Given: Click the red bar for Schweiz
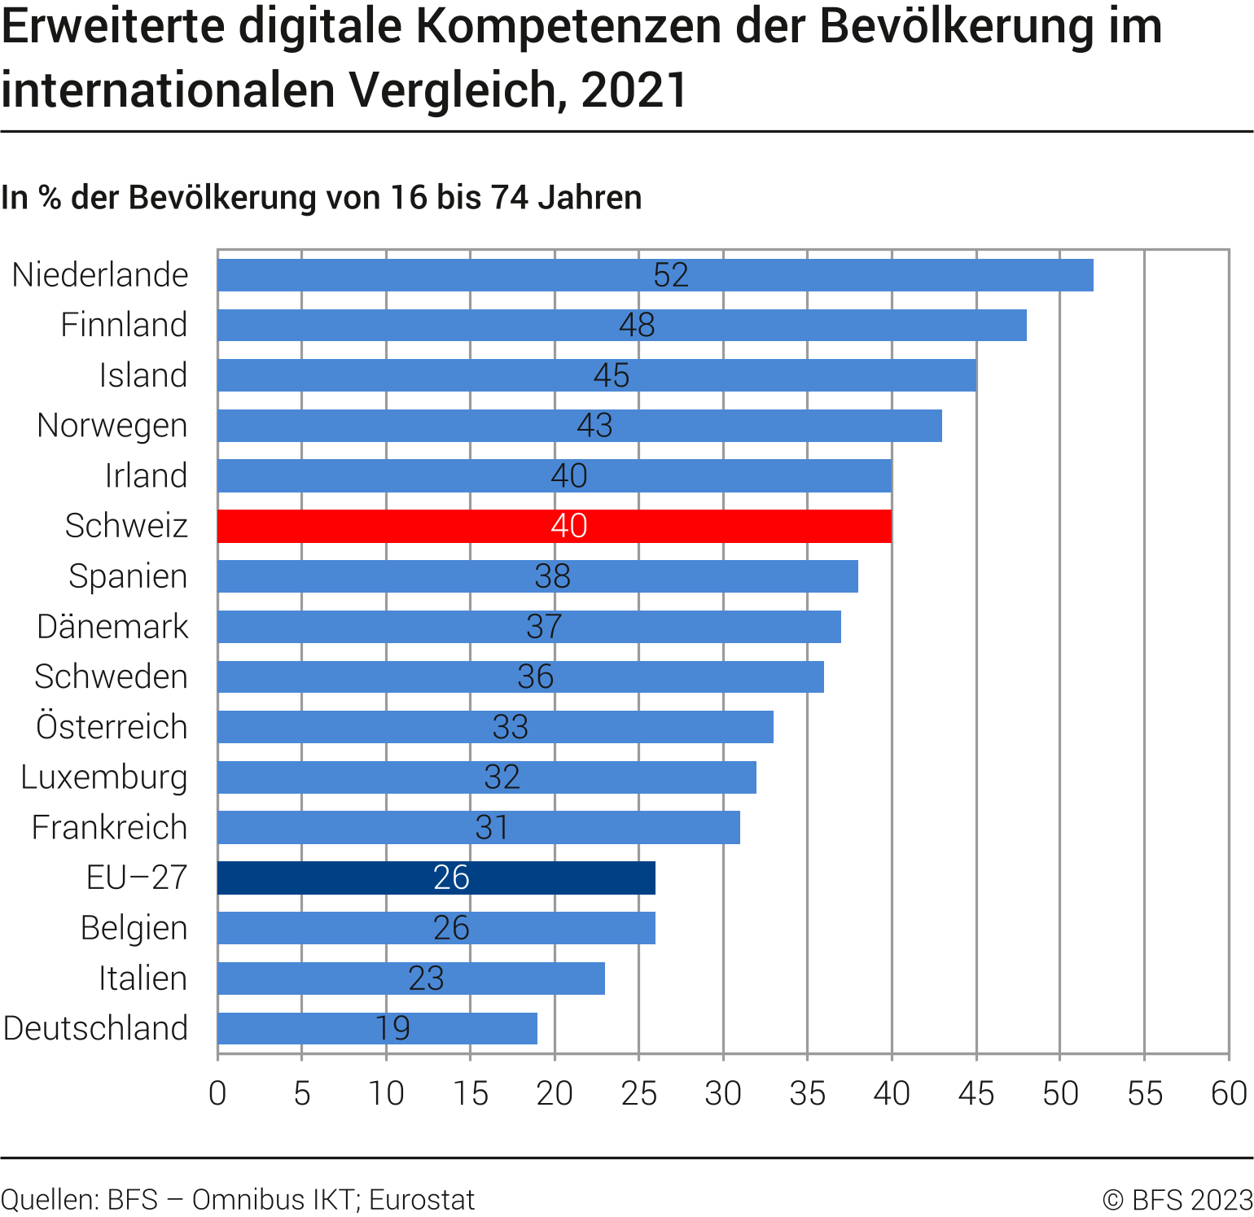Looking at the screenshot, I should click(554, 526).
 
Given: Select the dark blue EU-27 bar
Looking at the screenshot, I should click(436, 878).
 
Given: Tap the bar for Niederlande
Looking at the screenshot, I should click(655, 275).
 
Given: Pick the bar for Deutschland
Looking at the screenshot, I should click(377, 1028).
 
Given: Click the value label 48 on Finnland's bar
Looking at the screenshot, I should click(637, 326).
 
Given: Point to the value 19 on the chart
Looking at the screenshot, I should click(392, 1028).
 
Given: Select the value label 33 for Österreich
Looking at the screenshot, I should click(511, 727).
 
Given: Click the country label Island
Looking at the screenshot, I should click(143, 375).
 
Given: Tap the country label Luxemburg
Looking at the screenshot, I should click(104, 777).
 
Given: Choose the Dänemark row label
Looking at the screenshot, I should click(112, 627).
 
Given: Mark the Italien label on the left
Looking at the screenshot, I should click(142, 978).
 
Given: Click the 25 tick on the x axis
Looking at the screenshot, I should click(639, 1093).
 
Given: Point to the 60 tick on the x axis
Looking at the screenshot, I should click(1229, 1093).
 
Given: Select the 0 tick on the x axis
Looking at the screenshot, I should click(217, 1093).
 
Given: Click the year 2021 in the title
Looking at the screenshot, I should click(634, 90).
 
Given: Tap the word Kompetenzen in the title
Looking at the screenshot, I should click(570, 26).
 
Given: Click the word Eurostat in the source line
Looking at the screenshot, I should click(422, 1200).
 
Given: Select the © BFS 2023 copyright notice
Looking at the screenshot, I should click(1177, 1200).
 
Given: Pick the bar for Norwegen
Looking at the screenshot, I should click(580, 426).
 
